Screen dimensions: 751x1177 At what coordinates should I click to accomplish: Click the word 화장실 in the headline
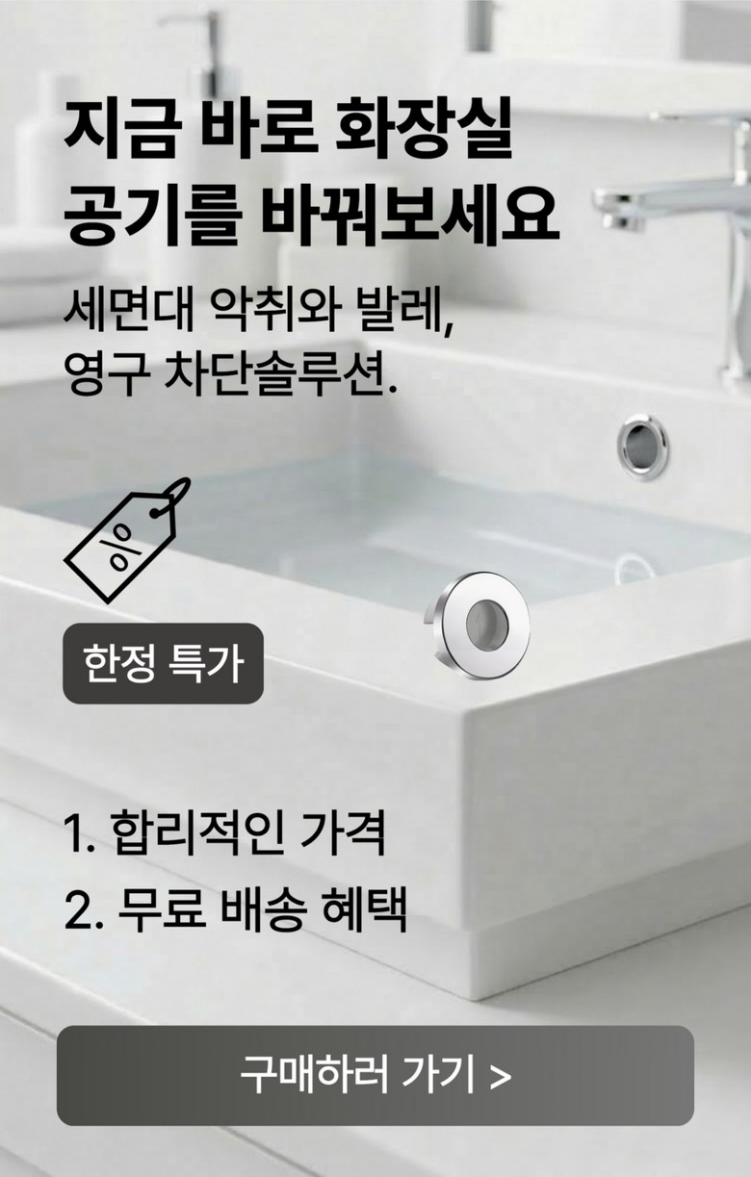click(x=423, y=129)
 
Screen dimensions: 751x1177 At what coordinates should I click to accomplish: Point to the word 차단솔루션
click(x=280, y=375)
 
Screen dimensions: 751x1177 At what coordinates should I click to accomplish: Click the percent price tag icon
click(x=127, y=540)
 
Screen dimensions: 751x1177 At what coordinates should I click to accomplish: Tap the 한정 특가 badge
click(x=163, y=663)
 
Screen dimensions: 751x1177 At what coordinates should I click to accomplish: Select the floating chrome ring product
click(x=478, y=626)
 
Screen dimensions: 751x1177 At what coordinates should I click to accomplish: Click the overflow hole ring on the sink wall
click(x=642, y=447)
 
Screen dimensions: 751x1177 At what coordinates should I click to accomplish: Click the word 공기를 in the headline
click(x=152, y=215)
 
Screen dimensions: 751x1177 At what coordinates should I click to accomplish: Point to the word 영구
click(x=106, y=375)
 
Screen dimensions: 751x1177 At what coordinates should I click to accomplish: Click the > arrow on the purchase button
click(x=500, y=1077)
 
